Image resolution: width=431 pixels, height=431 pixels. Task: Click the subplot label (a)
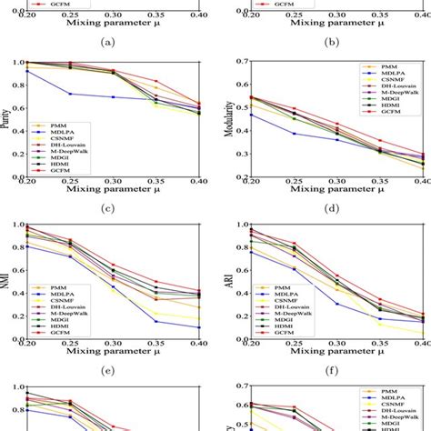coord(108,42)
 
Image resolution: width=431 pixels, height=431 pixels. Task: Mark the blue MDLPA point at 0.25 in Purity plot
coord(69,94)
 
